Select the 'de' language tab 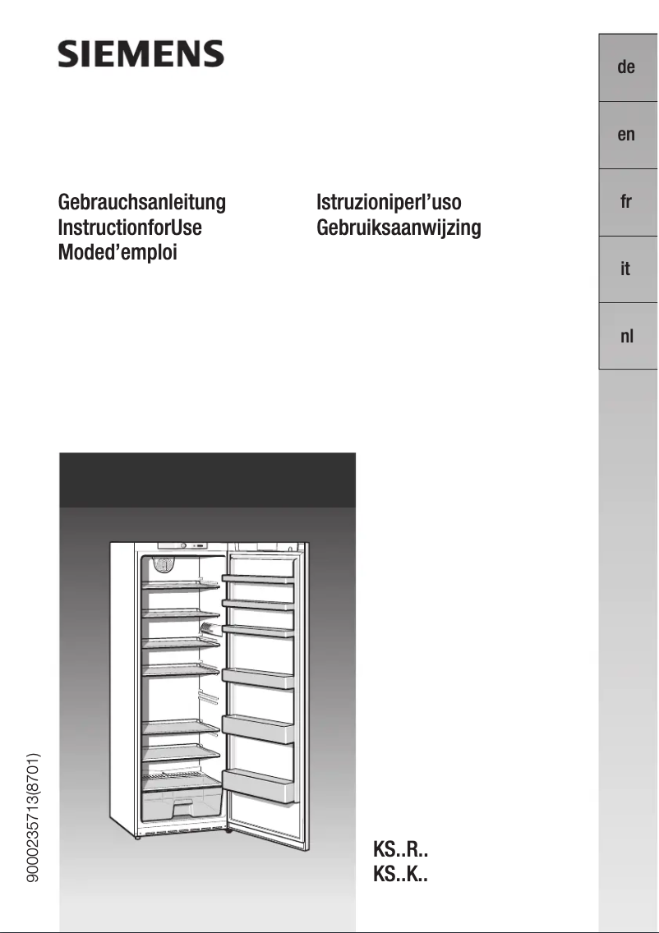(626, 68)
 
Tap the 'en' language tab (626, 135)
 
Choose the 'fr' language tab (626, 202)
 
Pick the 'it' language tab (626, 269)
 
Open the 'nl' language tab (626, 336)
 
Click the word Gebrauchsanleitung (141, 203)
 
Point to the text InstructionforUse (130, 228)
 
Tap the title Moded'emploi (118, 252)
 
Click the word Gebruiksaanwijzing (399, 228)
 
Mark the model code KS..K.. (400, 875)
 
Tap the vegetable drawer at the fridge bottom (182, 805)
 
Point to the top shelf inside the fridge (181, 585)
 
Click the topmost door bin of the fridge (258, 579)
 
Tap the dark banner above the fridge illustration (207, 480)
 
